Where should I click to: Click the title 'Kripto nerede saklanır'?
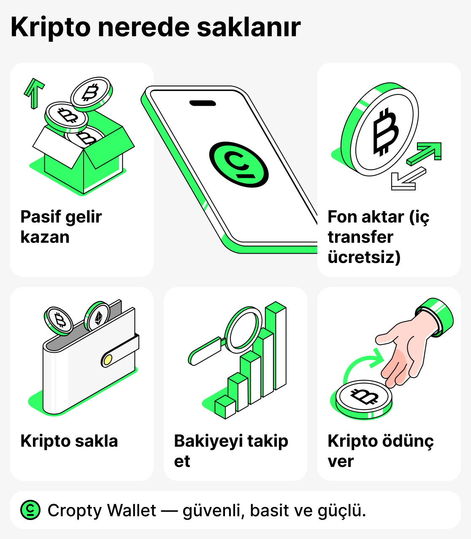[x=155, y=28]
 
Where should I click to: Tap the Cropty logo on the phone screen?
[x=239, y=164]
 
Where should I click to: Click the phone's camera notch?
[x=203, y=103]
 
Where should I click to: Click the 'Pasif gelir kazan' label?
[x=61, y=227]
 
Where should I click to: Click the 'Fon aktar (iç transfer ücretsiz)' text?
[x=378, y=237]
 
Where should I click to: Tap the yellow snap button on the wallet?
[x=108, y=359]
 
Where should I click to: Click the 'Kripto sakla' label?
[x=69, y=441]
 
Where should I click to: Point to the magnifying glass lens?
[x=244, y=330]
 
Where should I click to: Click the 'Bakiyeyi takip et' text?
[x=231, y=451]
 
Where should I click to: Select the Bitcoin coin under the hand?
[x=364, y=398]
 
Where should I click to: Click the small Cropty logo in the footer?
[x=30, y=510]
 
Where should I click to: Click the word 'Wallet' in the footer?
[x=132, y=510]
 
